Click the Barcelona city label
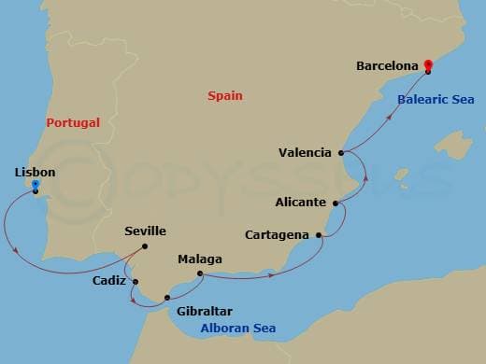(x=387, y=66)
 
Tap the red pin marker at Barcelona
(x=427, y=65)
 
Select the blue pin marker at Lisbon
(x=35, y=186)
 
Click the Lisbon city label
(x=35, y=173)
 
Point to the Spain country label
(x=227, y=96)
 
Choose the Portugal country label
(x=74, y=122)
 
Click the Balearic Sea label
(x=436, y=99)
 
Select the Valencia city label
(x=305, y=152)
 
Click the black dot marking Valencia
(x=341, y=152)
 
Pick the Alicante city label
(x=301, y=202)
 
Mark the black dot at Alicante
(x=336, y=202)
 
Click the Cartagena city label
(x=278, y=234)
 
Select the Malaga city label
(x=200, y=259)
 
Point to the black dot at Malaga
(x=201, y=273)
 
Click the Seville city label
(x=145, y=231)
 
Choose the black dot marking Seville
(x=146, y=246)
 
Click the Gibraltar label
(x=197, y=311)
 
